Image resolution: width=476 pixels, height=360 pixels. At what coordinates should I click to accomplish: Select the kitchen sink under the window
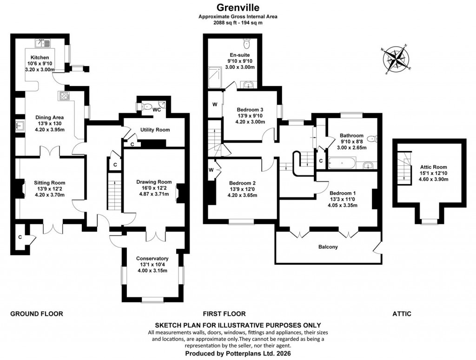pyautogui.click(x=43, y=44)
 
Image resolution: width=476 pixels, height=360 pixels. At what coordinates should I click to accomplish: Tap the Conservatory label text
pyautogui.click(x=152, y=258)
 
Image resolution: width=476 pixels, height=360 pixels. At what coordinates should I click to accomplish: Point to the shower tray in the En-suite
pyautogui.click(x=216, y=76)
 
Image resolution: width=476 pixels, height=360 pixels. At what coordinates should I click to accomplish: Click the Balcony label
pyautogui.click(x=328, y=247)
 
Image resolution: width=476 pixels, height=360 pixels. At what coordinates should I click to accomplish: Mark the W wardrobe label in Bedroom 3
pyautogui.click(x=215, y=105)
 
